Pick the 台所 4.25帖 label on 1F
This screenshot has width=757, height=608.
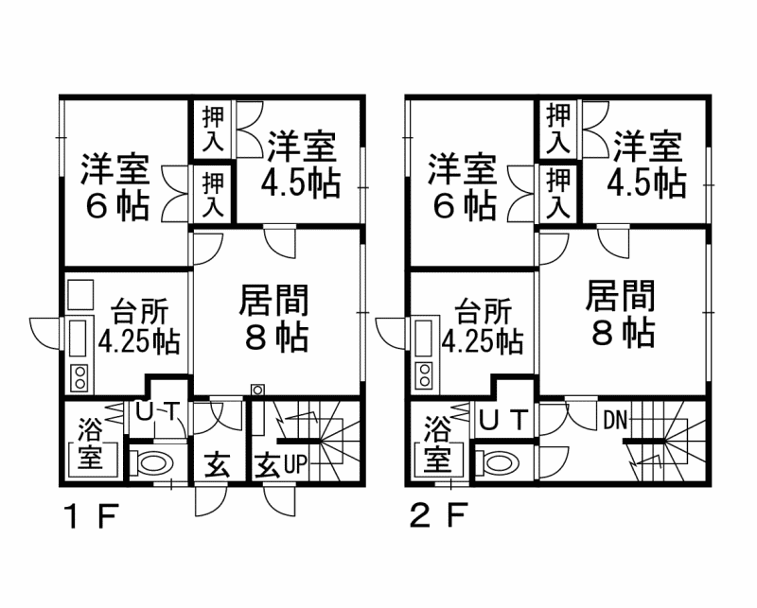click(x=140, y=326)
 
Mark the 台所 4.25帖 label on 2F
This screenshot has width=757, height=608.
click(x=484, y=326)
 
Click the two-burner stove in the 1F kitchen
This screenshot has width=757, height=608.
click(x=79, y=378)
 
